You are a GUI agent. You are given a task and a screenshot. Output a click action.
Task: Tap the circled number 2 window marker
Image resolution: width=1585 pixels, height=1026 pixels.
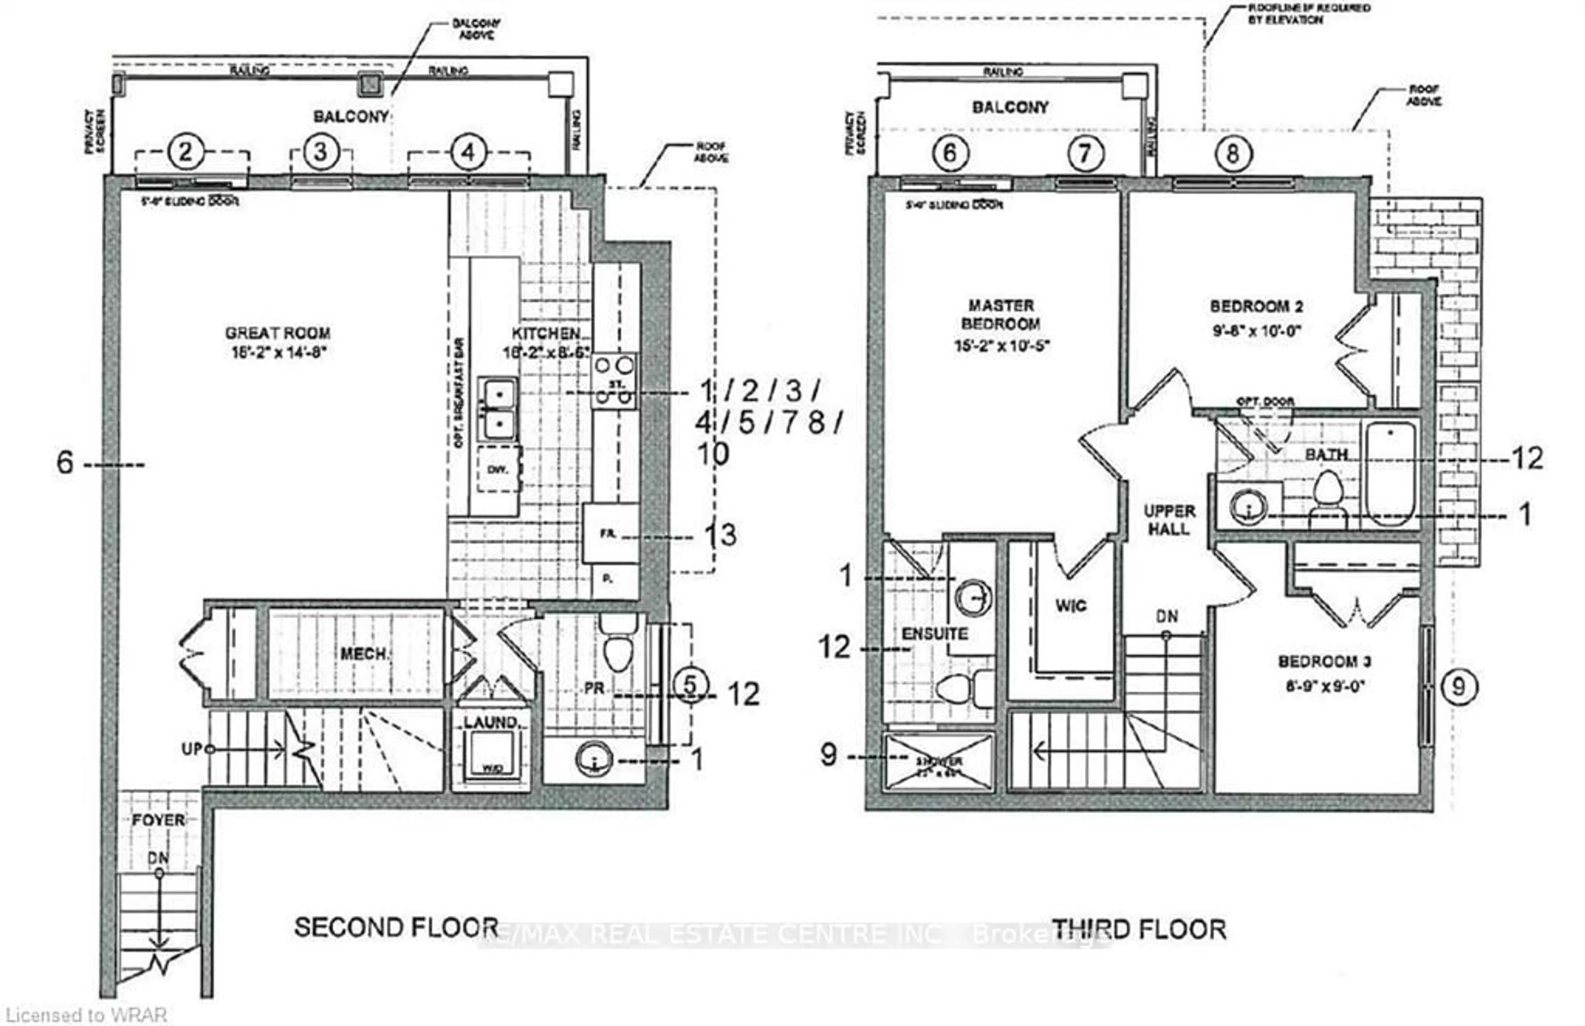click(185, 152)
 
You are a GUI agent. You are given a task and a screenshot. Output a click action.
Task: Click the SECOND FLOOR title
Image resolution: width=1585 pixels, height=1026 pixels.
click(396, 927)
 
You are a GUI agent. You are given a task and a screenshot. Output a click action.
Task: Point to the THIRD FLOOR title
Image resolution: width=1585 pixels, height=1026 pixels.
click(1139, 929)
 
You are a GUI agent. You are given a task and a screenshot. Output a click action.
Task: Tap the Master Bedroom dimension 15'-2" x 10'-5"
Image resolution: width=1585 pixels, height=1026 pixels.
click(1002, 345)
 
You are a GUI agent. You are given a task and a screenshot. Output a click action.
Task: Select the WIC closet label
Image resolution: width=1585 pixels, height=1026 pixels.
click(1071, 605)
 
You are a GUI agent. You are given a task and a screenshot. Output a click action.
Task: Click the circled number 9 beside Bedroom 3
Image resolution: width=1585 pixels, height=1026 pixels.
click(1458, 686)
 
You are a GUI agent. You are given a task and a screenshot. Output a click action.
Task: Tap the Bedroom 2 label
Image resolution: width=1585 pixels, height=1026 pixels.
click(1256, 307)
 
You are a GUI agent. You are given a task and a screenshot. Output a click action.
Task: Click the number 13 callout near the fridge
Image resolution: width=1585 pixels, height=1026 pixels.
click(721, 534)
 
